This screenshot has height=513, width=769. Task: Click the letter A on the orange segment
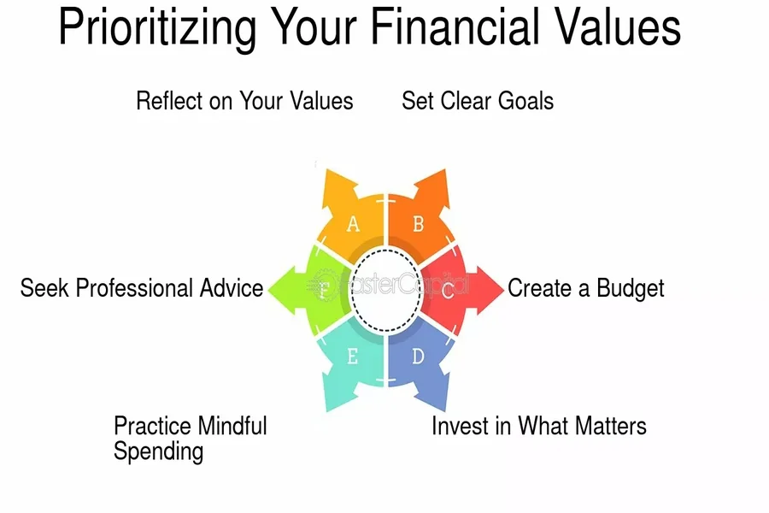point(353,224)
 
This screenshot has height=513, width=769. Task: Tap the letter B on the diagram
point(418,224)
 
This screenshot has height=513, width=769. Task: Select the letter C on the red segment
point(447,291)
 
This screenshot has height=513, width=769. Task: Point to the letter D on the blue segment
point(418,356)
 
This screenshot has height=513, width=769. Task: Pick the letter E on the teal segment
point(352,356)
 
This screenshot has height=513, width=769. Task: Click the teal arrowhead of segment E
point(338,389)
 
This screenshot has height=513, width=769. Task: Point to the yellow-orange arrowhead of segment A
point(339,189)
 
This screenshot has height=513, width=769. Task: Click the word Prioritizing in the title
point(157,28)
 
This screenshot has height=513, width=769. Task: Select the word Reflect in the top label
point(169,101)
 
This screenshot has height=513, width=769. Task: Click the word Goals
point(525,101)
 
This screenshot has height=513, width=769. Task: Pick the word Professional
point(134,288)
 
